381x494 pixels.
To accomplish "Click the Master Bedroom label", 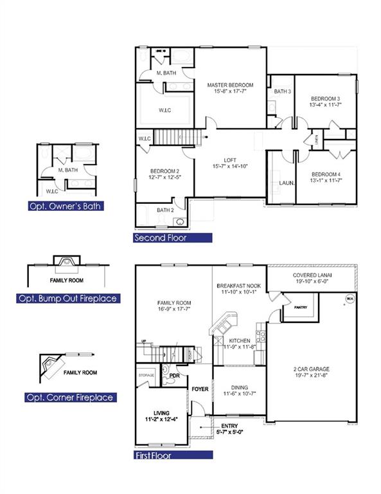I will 230,85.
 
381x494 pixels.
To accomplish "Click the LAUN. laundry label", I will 287,183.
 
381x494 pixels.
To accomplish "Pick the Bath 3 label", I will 283,91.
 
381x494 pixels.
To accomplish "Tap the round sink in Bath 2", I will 181,223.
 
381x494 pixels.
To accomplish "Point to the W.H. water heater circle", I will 350,298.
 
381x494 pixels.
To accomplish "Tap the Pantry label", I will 301,307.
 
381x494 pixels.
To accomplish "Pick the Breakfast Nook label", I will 238,286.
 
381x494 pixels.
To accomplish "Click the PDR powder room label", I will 174,375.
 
